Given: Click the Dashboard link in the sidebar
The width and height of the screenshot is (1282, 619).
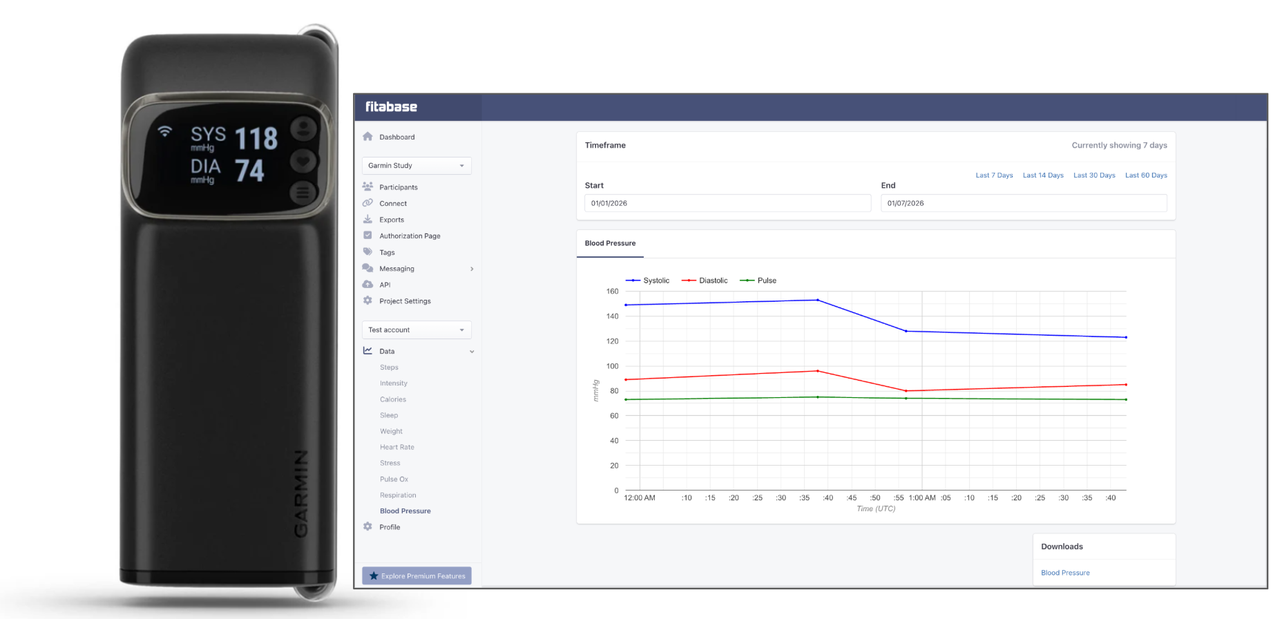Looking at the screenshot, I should tap(396, 137).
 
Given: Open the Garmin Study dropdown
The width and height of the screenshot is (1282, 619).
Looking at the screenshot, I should tap(417, 166).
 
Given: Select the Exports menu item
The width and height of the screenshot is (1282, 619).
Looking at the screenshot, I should tap(391, 220).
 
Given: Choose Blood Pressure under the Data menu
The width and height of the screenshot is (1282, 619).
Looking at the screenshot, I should tap(405, 511).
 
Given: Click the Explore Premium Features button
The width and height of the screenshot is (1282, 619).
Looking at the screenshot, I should tap(417, 575).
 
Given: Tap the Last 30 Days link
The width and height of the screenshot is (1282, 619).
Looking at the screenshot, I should tap(1094, 175).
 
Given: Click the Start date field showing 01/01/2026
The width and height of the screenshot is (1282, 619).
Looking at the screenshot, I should tap(727, 203).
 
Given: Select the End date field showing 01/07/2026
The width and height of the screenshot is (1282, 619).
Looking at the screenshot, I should tap(1023, 203).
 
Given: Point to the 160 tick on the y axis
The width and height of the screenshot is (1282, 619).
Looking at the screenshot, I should tap(613, 292).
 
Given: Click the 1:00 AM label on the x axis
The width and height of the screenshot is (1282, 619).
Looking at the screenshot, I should tap(922, 498).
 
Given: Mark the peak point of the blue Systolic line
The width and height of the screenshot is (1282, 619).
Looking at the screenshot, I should tap(818, 300).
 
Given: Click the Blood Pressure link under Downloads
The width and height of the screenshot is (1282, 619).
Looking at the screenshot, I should tap(1065, 573).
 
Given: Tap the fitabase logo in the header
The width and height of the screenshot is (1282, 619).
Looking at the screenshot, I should tap(391, 107).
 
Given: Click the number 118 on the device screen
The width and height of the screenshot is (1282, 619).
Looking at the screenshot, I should tap(256, 139).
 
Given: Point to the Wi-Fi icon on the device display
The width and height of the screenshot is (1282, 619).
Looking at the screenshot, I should tap(164, 131).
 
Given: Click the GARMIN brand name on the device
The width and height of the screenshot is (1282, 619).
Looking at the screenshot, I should tap(301, 493).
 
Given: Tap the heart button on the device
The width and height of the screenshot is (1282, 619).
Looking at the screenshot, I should tap(303, 162).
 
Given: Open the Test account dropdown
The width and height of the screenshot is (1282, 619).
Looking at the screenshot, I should tap(417, 330).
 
